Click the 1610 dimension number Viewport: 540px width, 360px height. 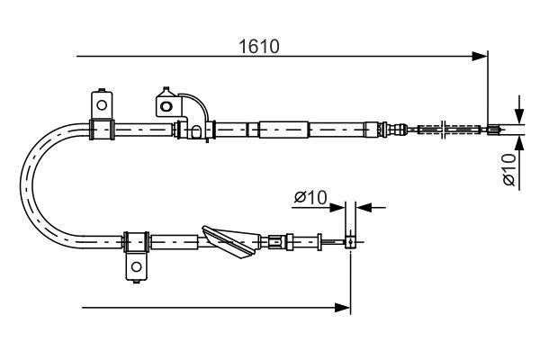click(259, 47)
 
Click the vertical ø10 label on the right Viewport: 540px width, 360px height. click(509, 169)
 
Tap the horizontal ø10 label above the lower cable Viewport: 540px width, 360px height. click(310, 197)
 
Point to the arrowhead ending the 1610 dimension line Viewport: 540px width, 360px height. click(480, 56)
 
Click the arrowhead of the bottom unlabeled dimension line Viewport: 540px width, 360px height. click(343, 307)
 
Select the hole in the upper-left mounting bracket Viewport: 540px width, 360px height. click(102, 104)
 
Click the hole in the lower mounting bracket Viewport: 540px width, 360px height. click(137, 266)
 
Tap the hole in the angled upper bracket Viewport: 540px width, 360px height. click(166, 106)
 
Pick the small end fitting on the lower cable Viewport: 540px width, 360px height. click(350, 241)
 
